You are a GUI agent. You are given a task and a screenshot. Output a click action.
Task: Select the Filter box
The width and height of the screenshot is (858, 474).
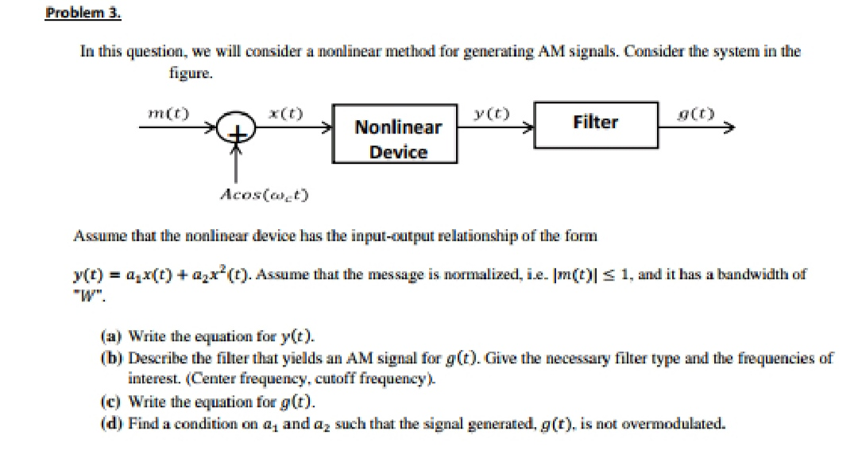(x=595, y=122)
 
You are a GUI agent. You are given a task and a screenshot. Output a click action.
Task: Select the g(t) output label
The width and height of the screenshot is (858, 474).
(x=698, y=114)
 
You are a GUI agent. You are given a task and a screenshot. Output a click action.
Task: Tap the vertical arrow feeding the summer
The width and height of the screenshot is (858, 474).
(x=234, y=163)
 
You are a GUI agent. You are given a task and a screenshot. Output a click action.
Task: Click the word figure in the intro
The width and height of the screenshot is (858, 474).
(x=190, y=72)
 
